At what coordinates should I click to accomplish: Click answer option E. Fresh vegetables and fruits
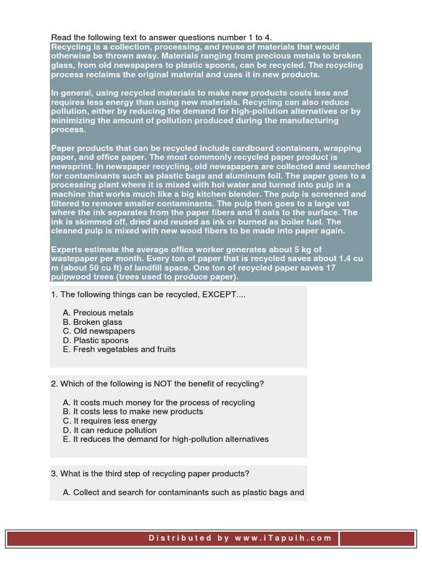coord(119,349)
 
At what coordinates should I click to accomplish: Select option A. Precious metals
coord(98,313)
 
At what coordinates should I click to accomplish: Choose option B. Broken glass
coord(92,322)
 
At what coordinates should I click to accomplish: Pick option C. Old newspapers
coord(99,331)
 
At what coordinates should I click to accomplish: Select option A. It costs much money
coord(159,402)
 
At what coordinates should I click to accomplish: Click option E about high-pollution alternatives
coord(166,439)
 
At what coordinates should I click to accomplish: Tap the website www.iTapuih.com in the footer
coord(284,538)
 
